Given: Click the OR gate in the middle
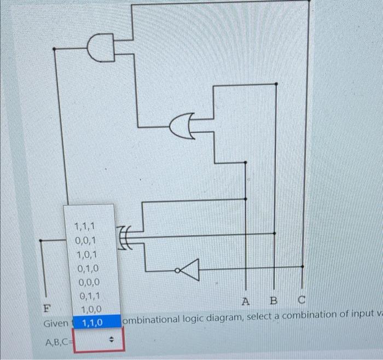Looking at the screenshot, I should click(183, 126).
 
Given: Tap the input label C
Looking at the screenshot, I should click(302, 300).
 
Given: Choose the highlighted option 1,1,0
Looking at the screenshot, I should click(92, 323).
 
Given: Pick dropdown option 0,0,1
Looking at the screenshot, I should click(86, 240).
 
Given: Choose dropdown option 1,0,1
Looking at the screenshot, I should click(87, 254).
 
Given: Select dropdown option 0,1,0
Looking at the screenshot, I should click(88, 269).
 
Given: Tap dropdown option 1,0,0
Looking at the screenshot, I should click(91, 310).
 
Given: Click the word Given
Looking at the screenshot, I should click(56, 323).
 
